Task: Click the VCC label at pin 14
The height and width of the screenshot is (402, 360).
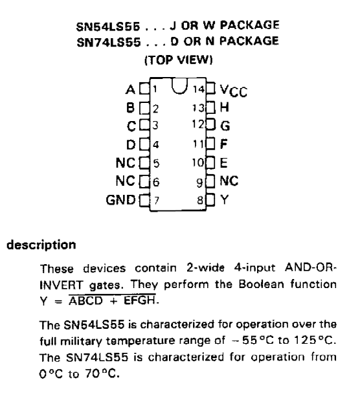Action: [234, 91]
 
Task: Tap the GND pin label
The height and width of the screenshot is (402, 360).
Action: [120, 200]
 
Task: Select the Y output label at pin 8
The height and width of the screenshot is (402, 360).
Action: [224, 200]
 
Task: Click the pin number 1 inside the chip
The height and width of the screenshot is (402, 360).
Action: [155, 89]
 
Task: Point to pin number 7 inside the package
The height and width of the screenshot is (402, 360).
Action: [156, 200]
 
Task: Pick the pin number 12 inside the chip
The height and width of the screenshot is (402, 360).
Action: [198, 124]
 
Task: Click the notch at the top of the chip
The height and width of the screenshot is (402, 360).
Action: [179, 86]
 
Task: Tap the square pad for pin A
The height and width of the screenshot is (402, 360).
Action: [144, 89]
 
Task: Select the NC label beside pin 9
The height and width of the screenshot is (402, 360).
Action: [229, 181]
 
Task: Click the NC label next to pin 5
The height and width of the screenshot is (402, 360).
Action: [126, 162]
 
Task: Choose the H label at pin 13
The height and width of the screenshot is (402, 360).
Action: [225, 107]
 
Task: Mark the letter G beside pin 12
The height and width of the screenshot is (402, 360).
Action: [225, 126]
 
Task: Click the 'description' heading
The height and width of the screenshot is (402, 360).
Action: [41, 245]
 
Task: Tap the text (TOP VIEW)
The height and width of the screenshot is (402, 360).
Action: [179, 60]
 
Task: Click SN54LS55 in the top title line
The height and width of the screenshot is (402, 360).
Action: [108, 27]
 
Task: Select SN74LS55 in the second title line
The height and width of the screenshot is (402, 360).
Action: [109, 42]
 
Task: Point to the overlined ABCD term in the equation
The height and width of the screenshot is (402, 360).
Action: [85, 300]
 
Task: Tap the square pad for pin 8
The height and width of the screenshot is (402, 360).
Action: [210, 199]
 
